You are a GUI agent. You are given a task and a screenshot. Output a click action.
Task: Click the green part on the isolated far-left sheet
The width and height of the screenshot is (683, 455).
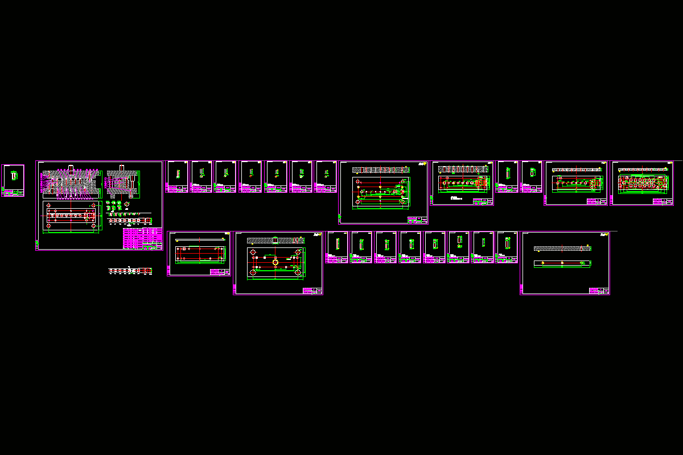14,176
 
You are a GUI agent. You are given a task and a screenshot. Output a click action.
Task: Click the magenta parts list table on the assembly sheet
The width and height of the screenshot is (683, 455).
142,238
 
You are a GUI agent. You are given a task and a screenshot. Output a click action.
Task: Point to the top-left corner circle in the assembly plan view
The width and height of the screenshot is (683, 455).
50,205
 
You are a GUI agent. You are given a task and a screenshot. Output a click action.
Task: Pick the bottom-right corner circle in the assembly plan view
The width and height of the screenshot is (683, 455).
93,226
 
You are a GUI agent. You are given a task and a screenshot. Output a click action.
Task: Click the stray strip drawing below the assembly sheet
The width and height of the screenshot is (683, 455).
130,271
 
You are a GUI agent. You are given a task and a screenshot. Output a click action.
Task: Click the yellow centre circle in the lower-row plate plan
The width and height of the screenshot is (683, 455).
275,262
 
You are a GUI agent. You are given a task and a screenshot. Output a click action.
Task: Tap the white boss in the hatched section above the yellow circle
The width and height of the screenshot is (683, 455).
274,240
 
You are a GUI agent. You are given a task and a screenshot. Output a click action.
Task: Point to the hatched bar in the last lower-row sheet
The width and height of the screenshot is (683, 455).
563,249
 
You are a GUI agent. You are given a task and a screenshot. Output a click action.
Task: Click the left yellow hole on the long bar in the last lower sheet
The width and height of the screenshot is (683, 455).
542,263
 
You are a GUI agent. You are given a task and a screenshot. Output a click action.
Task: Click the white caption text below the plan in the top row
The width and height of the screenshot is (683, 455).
455,198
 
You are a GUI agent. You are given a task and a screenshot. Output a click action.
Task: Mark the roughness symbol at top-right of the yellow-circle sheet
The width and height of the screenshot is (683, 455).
314,236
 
